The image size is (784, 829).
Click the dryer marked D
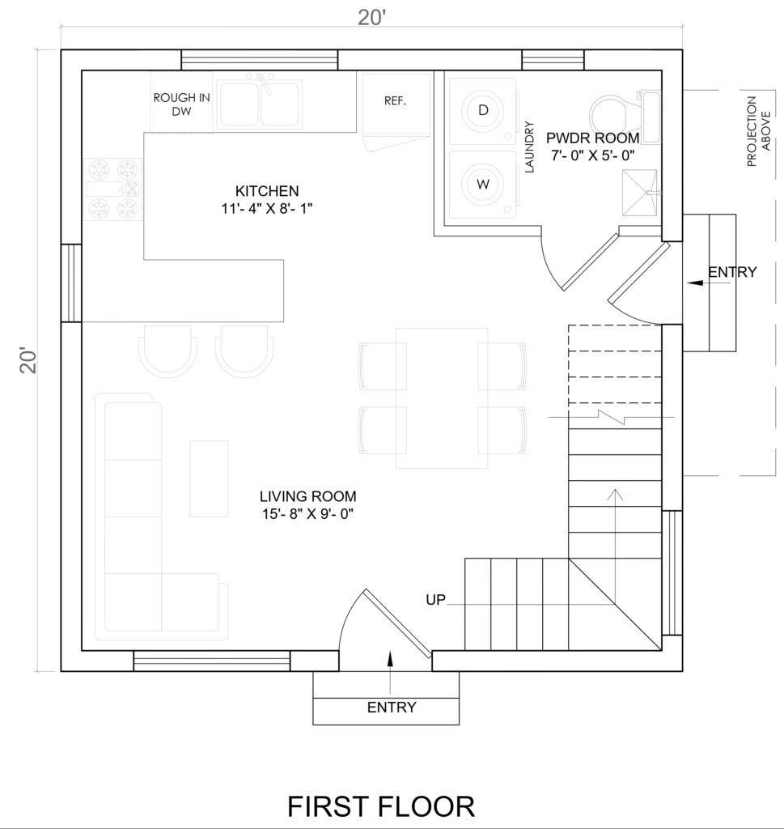click(x=483, y=111)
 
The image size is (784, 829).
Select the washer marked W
click(x=483, y=185)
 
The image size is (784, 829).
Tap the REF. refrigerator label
click(x=395, y=100)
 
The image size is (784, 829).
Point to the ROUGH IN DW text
click(x=182, y=104)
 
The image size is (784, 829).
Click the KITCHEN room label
click(x=267, y=191)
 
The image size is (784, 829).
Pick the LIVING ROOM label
click(x=308, y=496)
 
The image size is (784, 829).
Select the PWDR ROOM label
click(x=593, y=138)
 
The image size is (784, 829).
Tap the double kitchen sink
click(x=260, y=104)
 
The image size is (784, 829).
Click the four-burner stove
click(x=113, y=189)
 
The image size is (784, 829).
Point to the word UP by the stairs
click(x=436, y=600)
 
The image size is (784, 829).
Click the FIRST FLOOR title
click(x=381, y=807)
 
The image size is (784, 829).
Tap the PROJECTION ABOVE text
click(x=759, y=131)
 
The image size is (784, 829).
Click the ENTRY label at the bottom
click(x=392, y=707)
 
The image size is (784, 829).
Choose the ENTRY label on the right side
click(x=732, y=272)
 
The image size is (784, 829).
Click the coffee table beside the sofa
click(x=210, y=478)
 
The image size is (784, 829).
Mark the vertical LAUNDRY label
click(x=530, y=147)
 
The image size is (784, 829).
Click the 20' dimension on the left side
click(x=28, y=360)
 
